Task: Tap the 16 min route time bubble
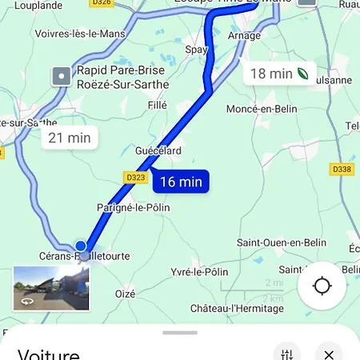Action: click(180, 182)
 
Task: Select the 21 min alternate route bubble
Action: click(69, 138)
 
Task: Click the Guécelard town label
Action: click(158, 150)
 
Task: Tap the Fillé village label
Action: click(158, 104)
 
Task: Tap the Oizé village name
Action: click(126, 294)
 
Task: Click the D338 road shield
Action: click(342, 169)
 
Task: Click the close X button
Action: click(328, 353)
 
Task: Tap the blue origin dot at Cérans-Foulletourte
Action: click(81, 246)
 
